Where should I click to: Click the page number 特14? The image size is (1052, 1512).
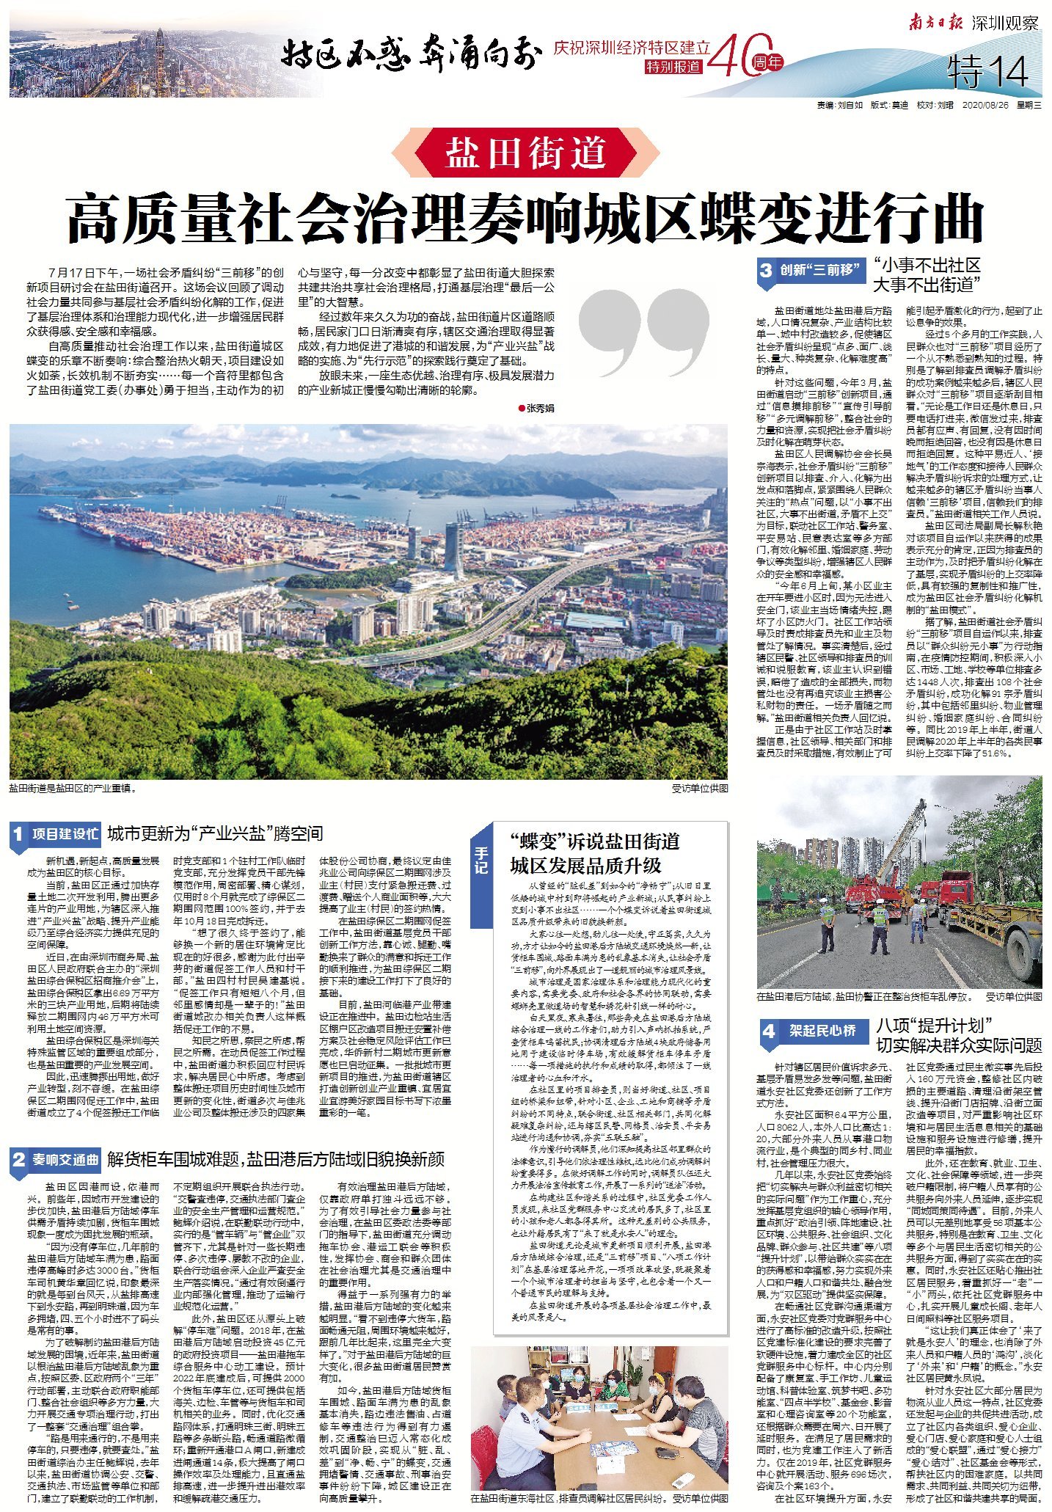point(989,72)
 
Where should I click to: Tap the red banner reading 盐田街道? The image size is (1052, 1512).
point(525,153)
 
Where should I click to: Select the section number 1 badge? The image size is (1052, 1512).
point(18,834)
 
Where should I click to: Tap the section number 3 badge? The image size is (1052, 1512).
point(766,270)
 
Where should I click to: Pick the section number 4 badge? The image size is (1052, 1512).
point(767,1031)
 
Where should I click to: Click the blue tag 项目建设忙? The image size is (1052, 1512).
point(65,834)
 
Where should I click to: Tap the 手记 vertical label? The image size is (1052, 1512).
point(481,859)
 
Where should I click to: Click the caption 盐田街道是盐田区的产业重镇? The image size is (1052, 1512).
point(73,789)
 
